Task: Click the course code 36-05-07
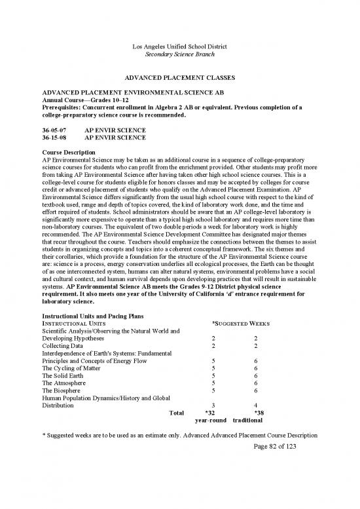point(53,131)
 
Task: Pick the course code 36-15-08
point(53,139)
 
